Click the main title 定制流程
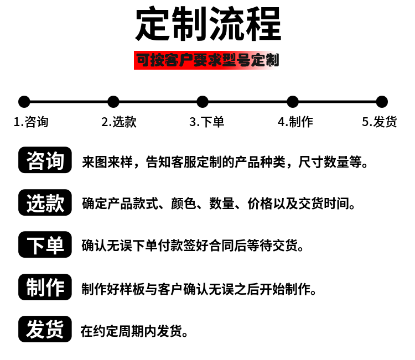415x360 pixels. [208, 24]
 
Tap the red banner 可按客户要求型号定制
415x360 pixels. [206, 60]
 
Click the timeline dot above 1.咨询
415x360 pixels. [24, 102]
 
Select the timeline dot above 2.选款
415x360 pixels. [113, 102]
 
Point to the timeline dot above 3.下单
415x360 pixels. [203, 102]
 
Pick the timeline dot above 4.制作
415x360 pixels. [293, 102]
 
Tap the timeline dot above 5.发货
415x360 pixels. [382, 102]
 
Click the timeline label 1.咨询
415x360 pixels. [31, 122]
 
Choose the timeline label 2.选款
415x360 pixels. [119, 122]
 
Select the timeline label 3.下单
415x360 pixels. [207, 122]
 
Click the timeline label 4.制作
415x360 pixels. [295, 122]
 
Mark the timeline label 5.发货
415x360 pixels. [380, 122]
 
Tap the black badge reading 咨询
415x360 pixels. [45, 160]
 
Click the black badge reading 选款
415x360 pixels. [45, 202]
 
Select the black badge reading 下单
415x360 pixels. [45, 244]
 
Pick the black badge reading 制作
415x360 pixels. [45, 287]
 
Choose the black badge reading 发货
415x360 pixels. [45, 329]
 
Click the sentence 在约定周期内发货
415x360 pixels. [134, 331]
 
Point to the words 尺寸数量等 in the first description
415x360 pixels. [330, 162]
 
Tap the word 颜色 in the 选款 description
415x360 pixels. [183, 204]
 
